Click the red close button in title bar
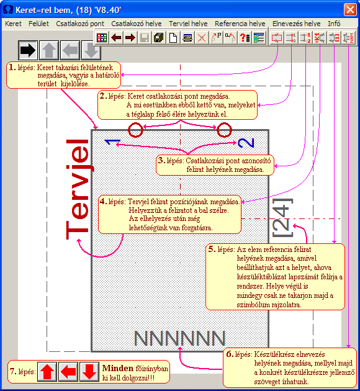pyautogui.click(x=350, y=10)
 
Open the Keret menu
pyautogui.click(x=13, y=24)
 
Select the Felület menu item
pyautogui.click(x=38, y=24)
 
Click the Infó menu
pyautogui.click(x=334, y=24)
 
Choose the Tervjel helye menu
pyautogui.click(x=188, y=24)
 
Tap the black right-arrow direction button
pyautogui.click(x=28, y=50)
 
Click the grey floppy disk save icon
pyautogui.click(x=145, y=38)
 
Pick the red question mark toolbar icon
pyautogui.click(x=245, y=38)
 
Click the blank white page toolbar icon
pyautogui.click(x=173, y=38)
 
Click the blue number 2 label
pyautogui.click(x=246, y=143)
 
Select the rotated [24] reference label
pyautogui.click(x=282, y=218)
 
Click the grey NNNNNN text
pyautogui.click(x=180, y=338)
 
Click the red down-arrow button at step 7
pyautogui.click(x=89, y=372)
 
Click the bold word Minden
pyautogui.click(x=118, y=368)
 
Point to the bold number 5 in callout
pyautogui.click(x=212, y=249)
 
